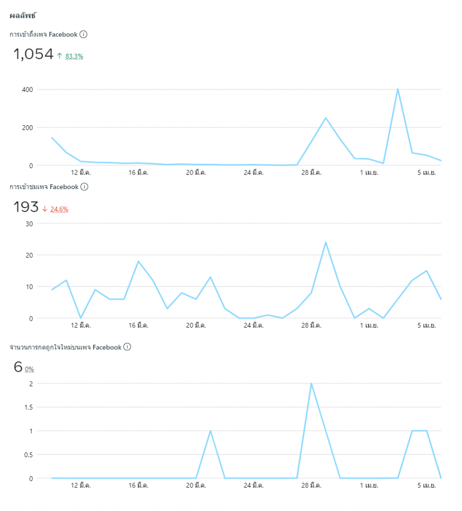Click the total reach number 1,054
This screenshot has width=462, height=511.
coord(33,54)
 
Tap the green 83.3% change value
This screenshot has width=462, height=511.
coord(74,56)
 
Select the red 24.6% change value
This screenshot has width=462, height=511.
coord(59,209)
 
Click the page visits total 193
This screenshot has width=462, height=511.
coord(26,207)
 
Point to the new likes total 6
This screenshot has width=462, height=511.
coord(18,367)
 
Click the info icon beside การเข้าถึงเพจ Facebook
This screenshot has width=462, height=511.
coord(84,34)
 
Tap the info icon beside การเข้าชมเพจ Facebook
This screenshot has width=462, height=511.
coord(84,187)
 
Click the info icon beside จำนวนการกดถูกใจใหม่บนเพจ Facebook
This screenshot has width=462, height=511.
coord(127,347)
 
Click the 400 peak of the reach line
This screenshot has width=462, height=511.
coord(398,89)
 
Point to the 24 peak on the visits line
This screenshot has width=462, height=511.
coord(325,243)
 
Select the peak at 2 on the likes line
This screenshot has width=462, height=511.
coord(311,384)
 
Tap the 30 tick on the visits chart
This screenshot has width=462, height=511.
coord(29,223)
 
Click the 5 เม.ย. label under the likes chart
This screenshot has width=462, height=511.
coord(427,485)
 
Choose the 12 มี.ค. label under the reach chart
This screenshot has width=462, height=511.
coord(81,173)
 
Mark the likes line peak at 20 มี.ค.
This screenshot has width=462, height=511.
coord(211,431)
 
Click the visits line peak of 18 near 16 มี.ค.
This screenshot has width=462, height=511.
coord(138,261)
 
